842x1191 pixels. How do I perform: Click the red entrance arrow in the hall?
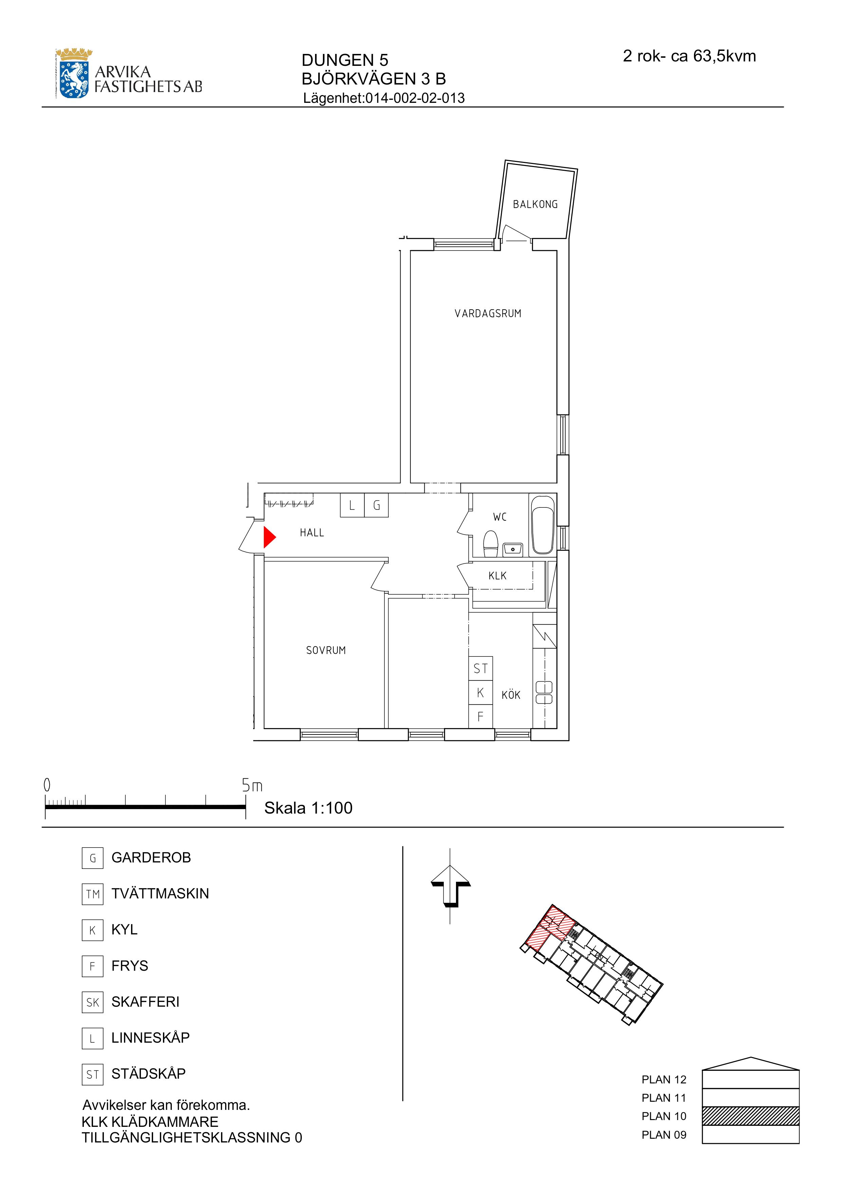[x=269, y=537]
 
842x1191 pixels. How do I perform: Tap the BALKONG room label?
[x=535, y=204]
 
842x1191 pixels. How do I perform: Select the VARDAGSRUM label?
[x=488, y=313]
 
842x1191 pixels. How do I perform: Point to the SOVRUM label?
[x=326, y=650]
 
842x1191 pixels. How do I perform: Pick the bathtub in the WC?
[x=543, y=525]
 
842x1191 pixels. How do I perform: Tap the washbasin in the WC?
[x=513, y=548]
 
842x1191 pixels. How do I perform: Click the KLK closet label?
[x=497, y=576]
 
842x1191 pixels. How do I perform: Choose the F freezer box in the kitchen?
[x=480, y=717]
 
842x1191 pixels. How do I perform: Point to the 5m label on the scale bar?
[x=252, y=786]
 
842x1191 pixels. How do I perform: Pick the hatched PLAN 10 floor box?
[x=750, y=1116]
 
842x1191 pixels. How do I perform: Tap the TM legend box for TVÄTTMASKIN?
[x=92, y=894]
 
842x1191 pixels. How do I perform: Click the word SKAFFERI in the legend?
[x=145, y=1002]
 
